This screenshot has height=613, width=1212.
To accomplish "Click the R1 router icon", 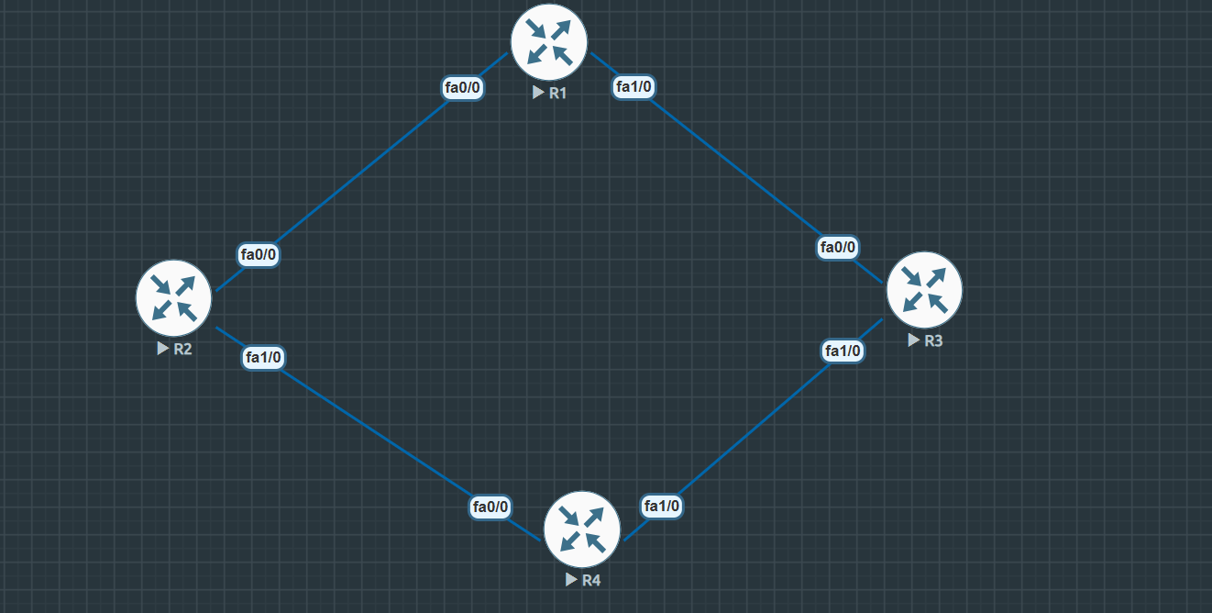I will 549,42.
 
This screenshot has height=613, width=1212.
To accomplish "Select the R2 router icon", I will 174,297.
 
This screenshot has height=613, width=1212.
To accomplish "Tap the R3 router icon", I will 924,289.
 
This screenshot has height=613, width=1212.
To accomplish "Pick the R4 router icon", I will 582,529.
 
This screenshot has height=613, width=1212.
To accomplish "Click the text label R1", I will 558,93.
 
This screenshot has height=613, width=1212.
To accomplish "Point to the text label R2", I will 182,349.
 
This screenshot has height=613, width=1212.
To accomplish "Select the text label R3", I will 933,340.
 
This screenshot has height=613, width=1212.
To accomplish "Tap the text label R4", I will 591,580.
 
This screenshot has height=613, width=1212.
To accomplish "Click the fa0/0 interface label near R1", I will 463,88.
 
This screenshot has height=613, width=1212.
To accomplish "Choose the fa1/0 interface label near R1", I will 634,87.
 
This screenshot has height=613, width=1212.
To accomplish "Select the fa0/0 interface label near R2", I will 259,255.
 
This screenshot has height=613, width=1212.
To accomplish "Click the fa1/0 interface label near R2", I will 263,357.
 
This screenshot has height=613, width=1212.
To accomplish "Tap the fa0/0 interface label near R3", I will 838,247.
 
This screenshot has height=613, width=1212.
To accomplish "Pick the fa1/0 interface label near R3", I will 843,351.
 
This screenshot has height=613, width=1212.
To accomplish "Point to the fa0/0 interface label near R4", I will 490,507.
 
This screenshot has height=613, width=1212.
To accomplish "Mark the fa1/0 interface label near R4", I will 662,506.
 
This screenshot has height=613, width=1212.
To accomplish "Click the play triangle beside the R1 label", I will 539,93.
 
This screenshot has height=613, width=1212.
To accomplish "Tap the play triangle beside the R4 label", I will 572,580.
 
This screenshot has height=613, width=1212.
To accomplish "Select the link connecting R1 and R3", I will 733,166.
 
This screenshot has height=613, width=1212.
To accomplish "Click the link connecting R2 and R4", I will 376,431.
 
